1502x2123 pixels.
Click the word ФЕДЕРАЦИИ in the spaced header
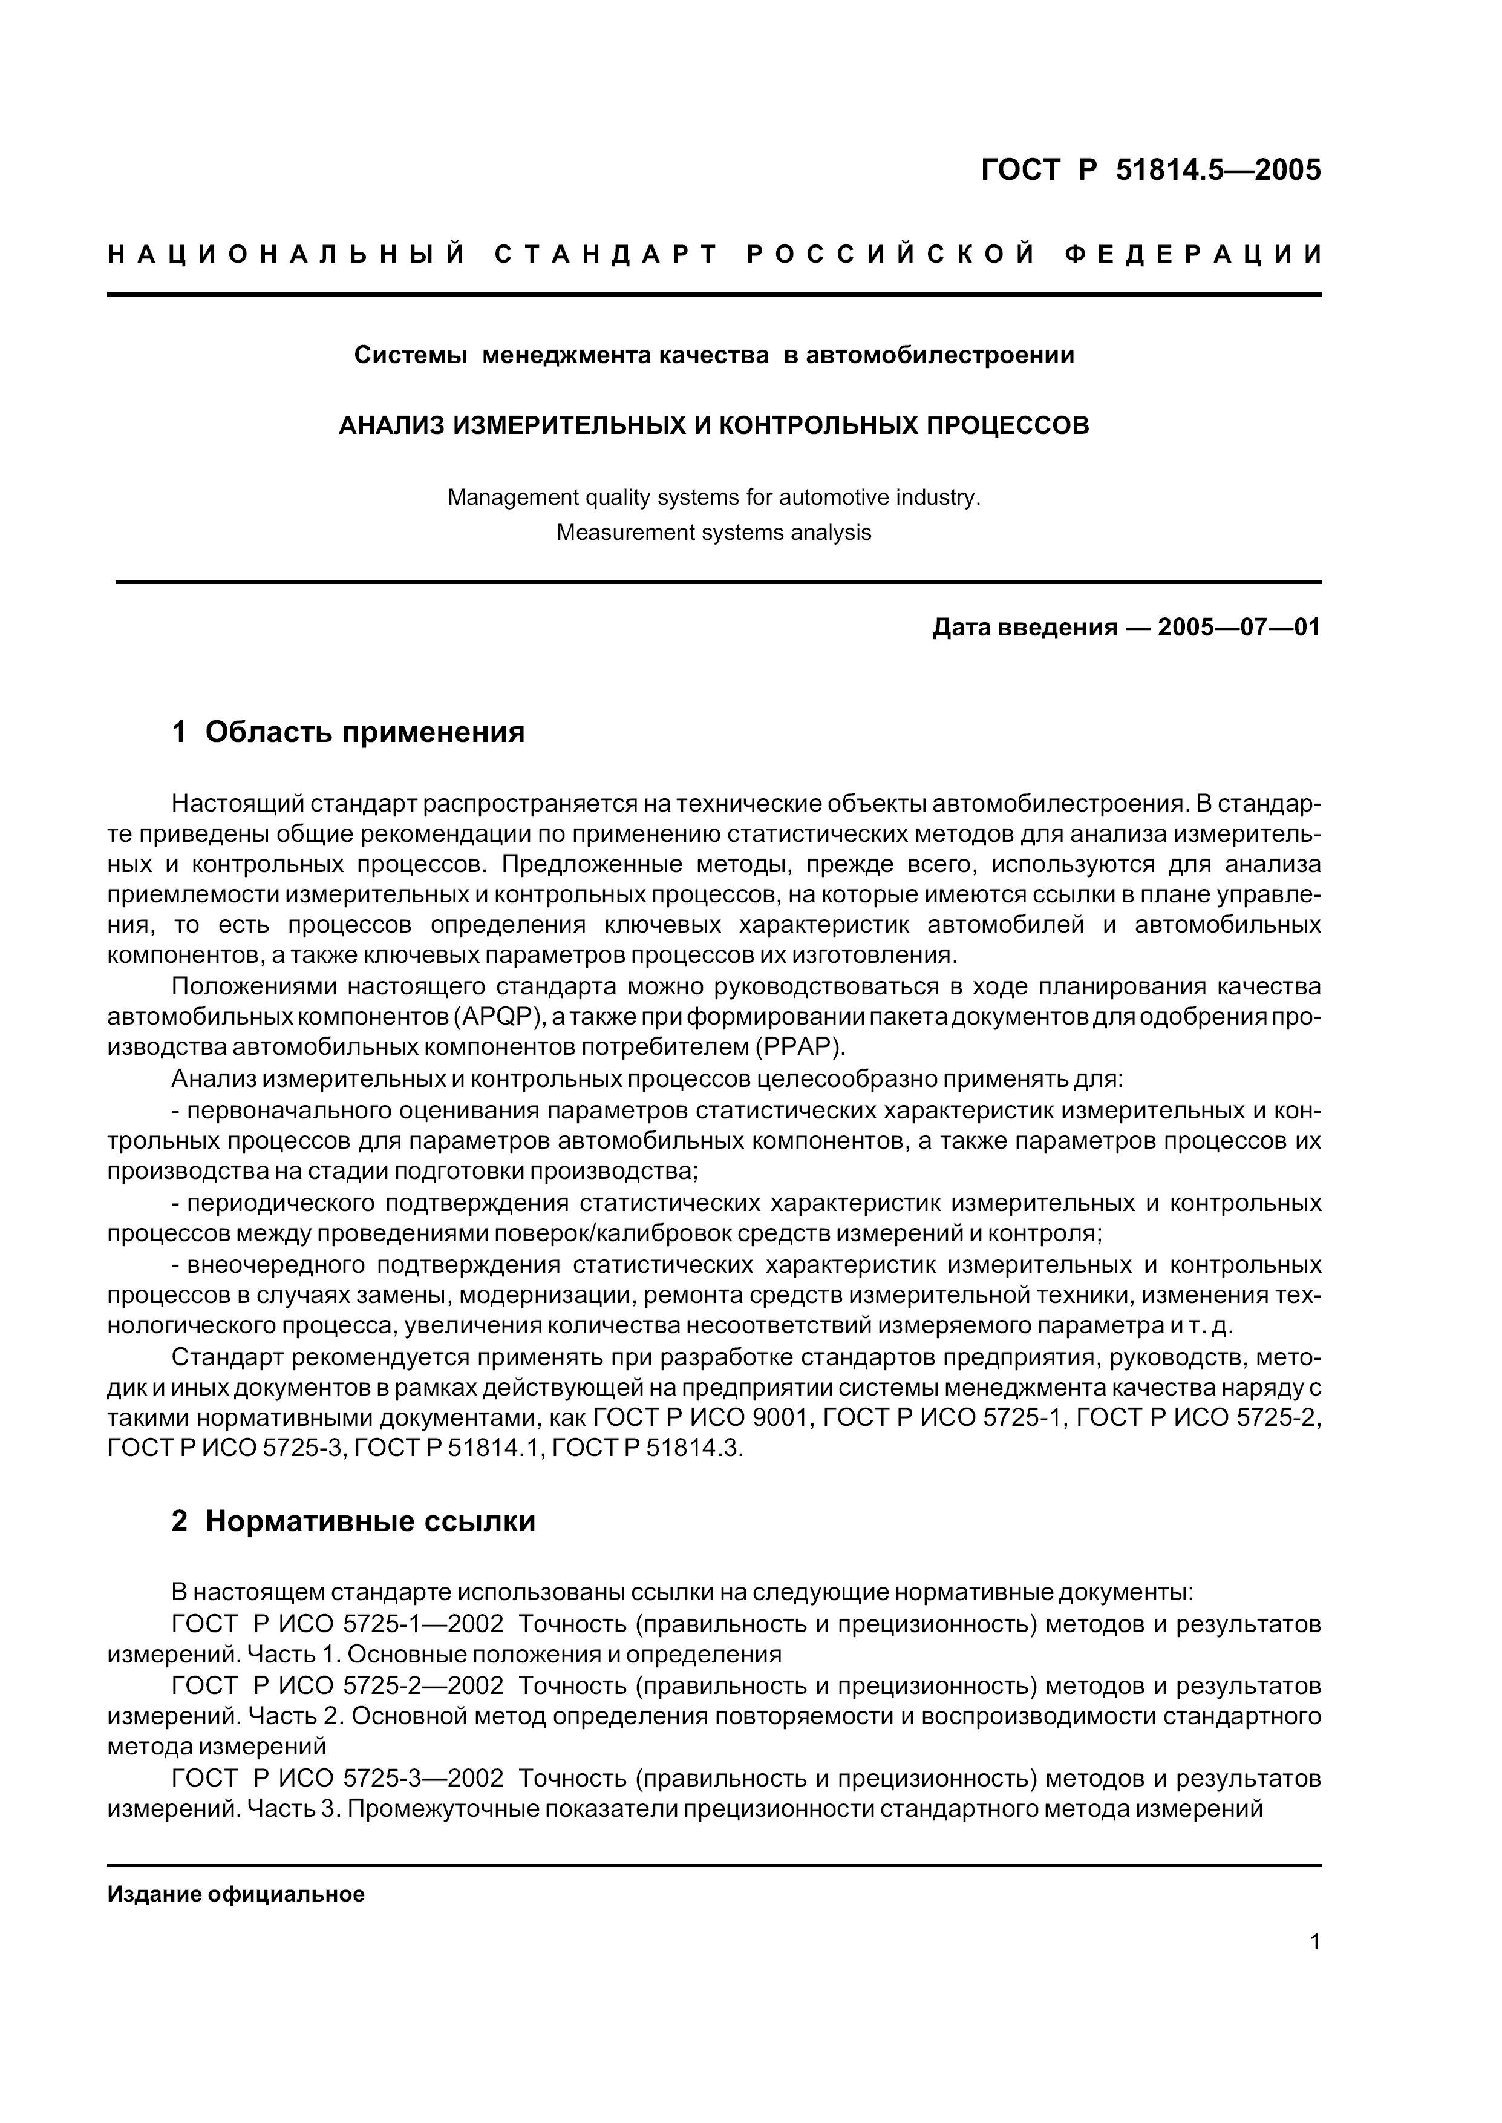click(x=1192, y=255)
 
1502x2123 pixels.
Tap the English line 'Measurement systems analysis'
click(x=714, y=533)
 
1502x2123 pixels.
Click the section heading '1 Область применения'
click(x=348, y=733)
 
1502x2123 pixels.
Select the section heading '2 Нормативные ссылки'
click(x=353, y=1521)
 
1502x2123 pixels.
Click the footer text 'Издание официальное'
click(x=236, y=1894)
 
